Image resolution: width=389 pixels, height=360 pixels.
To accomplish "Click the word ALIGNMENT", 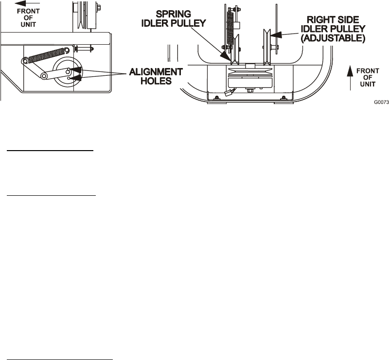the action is click(156, 71).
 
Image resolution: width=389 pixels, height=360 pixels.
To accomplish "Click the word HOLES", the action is click(156, 81).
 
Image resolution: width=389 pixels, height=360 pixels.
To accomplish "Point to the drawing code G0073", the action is click(381, 103).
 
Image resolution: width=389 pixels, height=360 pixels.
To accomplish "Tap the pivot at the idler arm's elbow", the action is click(44, 76).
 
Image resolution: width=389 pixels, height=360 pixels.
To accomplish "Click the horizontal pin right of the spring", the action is click(85, 49).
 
